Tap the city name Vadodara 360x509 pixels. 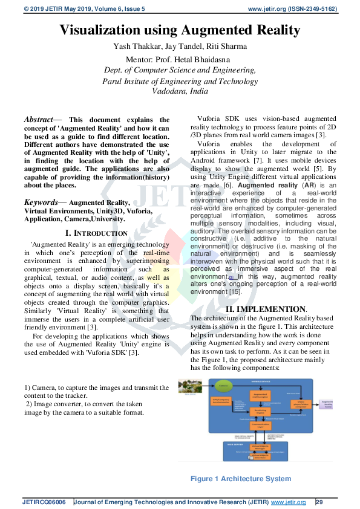(164, 91)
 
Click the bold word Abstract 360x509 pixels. (41, 120)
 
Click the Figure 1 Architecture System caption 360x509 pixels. (241, 479)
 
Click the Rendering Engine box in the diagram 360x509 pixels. (260, 410)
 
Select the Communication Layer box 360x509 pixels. (260, 426)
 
